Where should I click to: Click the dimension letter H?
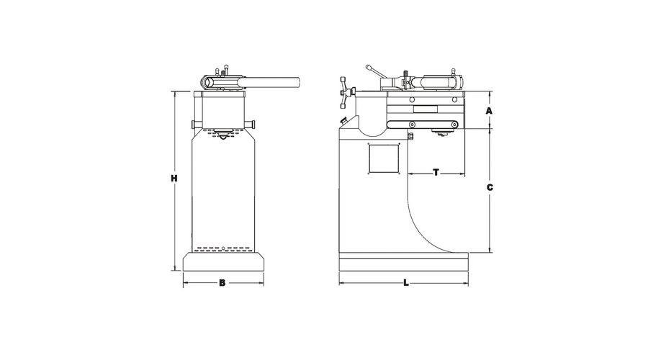174,179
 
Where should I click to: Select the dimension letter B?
222,283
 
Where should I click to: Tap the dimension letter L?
406,283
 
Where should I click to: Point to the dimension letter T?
436,172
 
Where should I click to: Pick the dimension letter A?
490,111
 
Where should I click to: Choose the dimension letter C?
490,188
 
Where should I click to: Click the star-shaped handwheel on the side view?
346,93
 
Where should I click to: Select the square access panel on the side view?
384,159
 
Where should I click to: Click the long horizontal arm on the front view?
271,81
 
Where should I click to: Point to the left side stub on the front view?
195,125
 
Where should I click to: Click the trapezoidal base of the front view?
223,261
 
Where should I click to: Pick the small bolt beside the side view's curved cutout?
410,136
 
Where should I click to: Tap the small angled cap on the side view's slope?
343,121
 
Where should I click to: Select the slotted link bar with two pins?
423,125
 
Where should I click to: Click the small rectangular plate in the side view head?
426,109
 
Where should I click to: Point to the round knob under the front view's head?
223,135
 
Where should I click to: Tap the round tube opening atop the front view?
209,83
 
